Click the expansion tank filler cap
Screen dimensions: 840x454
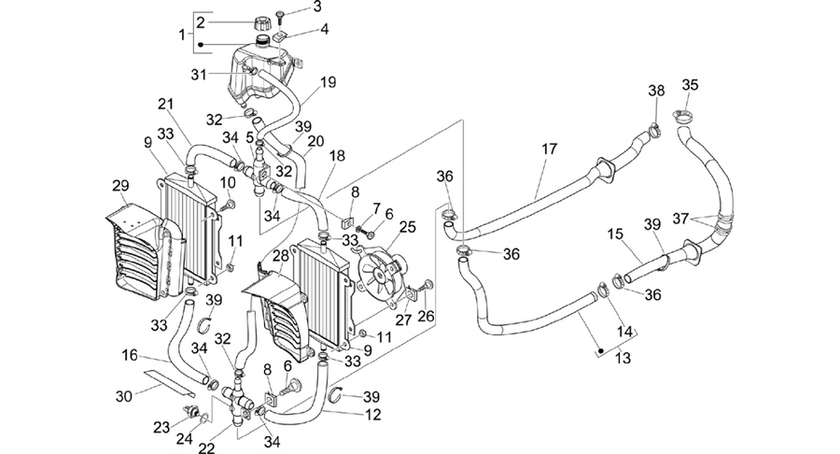263,24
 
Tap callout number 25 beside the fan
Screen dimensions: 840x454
407,227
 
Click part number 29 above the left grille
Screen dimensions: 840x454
120,186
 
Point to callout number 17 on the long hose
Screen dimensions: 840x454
550,149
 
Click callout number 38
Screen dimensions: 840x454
656,91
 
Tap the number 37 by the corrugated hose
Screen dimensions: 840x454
681,219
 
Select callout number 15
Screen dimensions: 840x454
616,234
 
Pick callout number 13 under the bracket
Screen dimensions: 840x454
623,357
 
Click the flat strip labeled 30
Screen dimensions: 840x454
170,380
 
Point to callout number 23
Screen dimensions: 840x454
161,427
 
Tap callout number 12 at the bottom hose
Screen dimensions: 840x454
372,415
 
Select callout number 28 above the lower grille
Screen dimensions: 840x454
281,256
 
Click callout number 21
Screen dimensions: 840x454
166,104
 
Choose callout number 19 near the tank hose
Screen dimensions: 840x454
328,82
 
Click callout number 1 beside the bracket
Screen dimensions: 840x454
182,35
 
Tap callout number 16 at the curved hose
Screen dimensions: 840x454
130,355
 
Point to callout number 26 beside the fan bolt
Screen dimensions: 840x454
426,316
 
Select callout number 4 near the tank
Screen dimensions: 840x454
324,28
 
